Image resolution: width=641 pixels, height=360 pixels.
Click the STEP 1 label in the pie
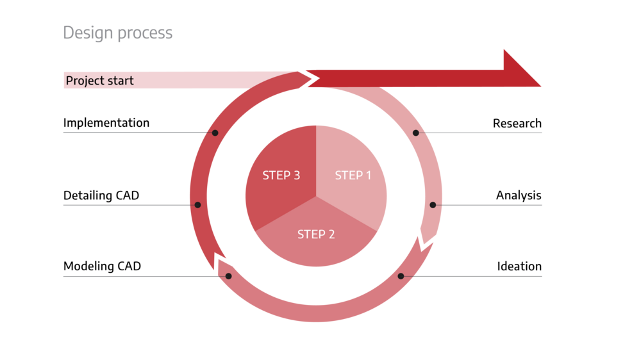tap(353, 176)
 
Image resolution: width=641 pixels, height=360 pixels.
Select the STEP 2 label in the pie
tap(316, 234)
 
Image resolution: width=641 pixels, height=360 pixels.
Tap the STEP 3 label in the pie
tap(281, 176)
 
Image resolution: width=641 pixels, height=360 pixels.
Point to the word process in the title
tap(145, 33)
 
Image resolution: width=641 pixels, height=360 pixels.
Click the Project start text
tap(99, 81)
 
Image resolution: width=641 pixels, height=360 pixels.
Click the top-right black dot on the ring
tap(416, 133)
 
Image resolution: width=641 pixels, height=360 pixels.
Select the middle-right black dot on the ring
tap(433, 205)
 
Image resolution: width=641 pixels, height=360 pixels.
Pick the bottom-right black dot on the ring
tap(401, 276)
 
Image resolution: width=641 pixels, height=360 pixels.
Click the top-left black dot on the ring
tap(215, 133)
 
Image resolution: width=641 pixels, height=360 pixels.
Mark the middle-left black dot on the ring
tap(197, 205)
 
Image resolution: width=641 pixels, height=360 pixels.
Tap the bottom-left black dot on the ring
tap(228, 276)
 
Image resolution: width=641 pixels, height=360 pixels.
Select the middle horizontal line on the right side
tap(494, 205)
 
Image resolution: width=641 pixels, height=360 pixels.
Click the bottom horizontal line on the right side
tap(481, 276)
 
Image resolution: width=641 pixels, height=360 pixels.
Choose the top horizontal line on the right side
tap(487, 133)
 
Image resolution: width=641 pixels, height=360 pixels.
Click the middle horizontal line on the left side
tap(128, 205)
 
